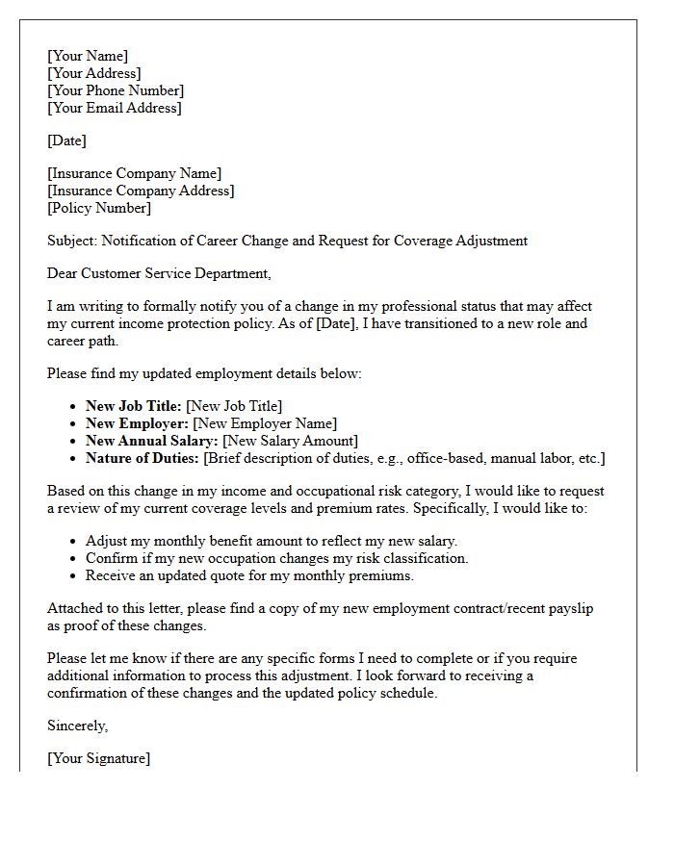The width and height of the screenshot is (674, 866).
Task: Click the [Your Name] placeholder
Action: coord(88,56)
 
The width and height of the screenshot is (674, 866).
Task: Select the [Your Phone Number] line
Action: coord(116,90)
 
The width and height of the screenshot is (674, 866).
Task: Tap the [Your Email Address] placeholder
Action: coord(114,108)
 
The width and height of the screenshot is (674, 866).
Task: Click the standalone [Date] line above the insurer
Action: coord(66,140)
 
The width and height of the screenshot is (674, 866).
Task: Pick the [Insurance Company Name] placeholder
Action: coord(134,173)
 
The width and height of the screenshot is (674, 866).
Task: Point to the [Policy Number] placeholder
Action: coord(99,208)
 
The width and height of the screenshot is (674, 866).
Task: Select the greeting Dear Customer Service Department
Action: coord(159,273)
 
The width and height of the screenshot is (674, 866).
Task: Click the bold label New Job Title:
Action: coord(133,406)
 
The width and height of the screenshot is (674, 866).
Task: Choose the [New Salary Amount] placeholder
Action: coord(290,441)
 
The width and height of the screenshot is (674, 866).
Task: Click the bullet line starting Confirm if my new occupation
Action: coord(276,558)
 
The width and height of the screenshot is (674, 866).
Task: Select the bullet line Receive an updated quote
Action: coord(249,575)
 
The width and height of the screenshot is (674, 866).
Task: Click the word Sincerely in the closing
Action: coord(78,726)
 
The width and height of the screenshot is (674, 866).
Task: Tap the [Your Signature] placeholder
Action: coord(98,758)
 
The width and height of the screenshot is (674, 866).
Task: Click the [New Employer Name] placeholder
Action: coord(265,423)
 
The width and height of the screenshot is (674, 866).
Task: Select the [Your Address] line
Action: coord(94,73)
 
